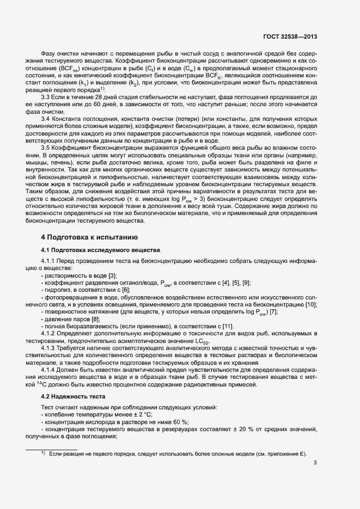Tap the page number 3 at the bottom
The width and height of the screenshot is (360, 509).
click(315, 463)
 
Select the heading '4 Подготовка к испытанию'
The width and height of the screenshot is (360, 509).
click(86, 237)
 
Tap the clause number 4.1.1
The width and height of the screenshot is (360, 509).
click(50, 261)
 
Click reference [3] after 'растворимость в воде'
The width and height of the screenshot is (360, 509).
click(112, 276)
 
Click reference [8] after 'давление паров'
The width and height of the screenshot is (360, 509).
click(95, 318)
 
